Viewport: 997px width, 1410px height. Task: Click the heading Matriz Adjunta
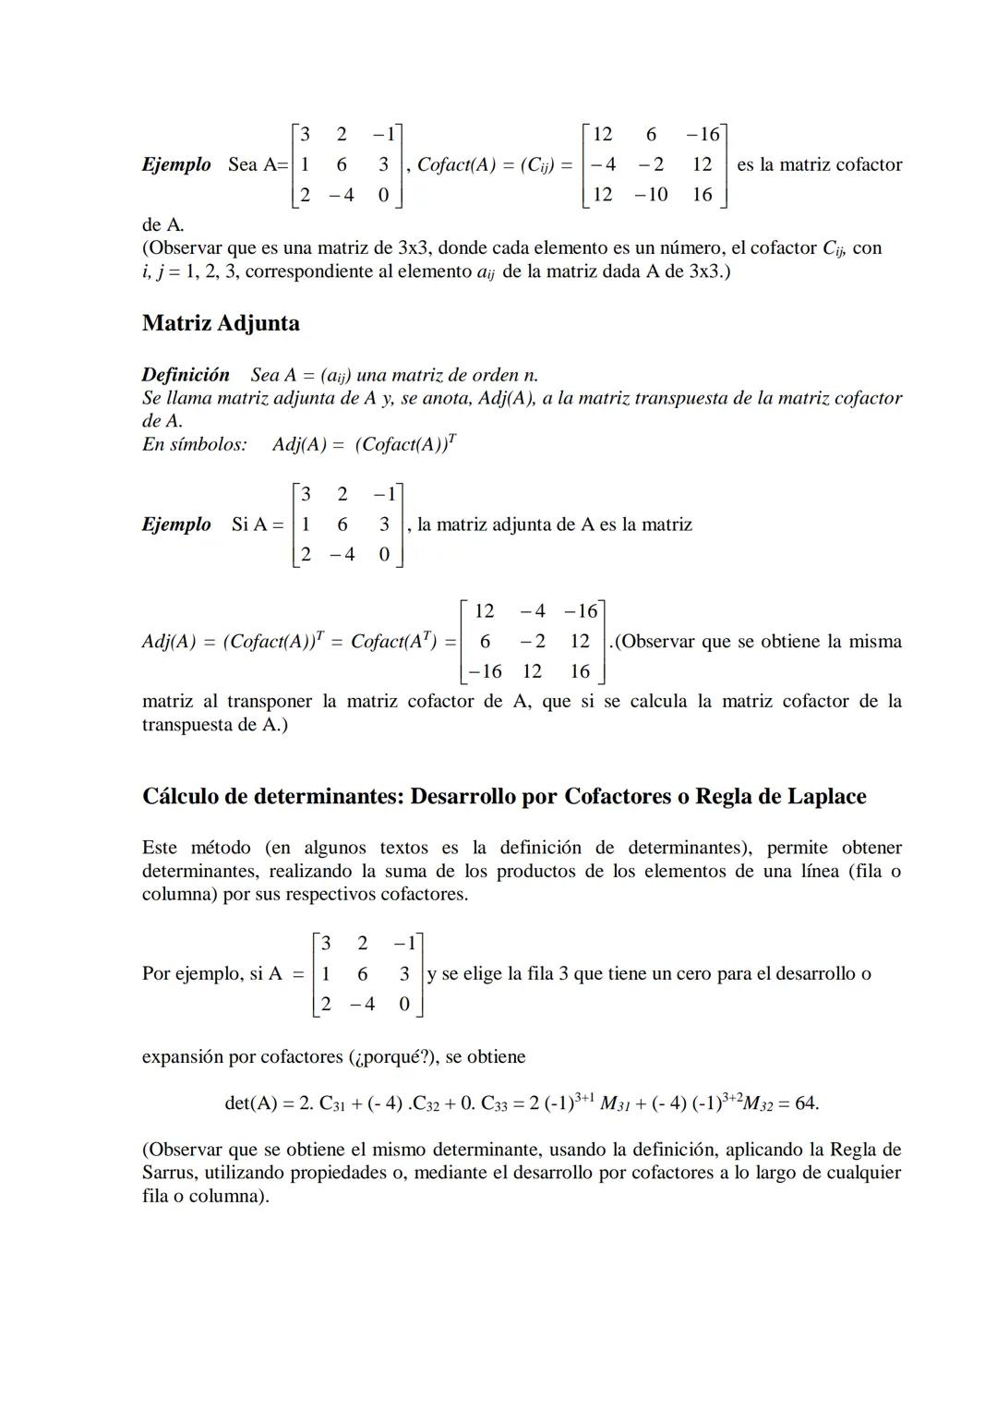click(221, 323)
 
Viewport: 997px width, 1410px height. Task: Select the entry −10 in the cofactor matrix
click(651, 194)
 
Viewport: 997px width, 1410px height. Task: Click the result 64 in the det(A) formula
click(802, 1103)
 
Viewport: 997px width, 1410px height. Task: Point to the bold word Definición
click(186, 375)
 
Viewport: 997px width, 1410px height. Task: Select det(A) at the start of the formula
click(251, 1103)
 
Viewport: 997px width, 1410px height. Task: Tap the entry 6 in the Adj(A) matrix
click(485, 641)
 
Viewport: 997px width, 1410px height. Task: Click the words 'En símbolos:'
click(195, 444)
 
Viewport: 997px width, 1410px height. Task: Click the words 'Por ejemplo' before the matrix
click(190, 973)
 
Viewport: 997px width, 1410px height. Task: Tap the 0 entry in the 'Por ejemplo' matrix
click(403, 1004)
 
